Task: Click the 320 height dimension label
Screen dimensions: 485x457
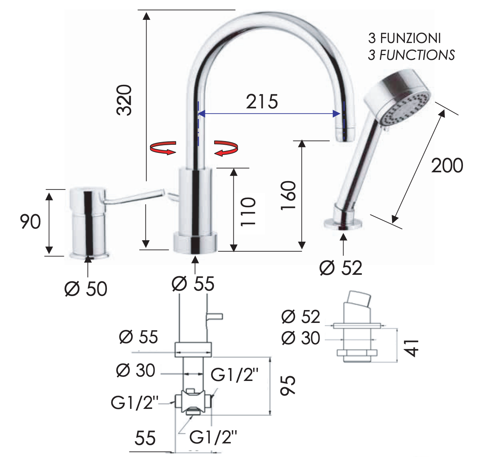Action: pos(124,100)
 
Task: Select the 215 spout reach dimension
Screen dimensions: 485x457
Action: pos(262,102)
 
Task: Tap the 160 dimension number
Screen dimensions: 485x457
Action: pos(288,195)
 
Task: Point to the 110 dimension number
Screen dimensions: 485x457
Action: pos(248,212)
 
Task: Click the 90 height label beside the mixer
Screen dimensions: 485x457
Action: pos(30,222)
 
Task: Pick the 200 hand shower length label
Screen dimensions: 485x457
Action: pos(447,166)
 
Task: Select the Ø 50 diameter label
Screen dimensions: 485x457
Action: pos(86,289)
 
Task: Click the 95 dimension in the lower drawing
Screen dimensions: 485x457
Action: pos(288,386)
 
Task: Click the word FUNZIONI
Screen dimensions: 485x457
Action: pos(410,38)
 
